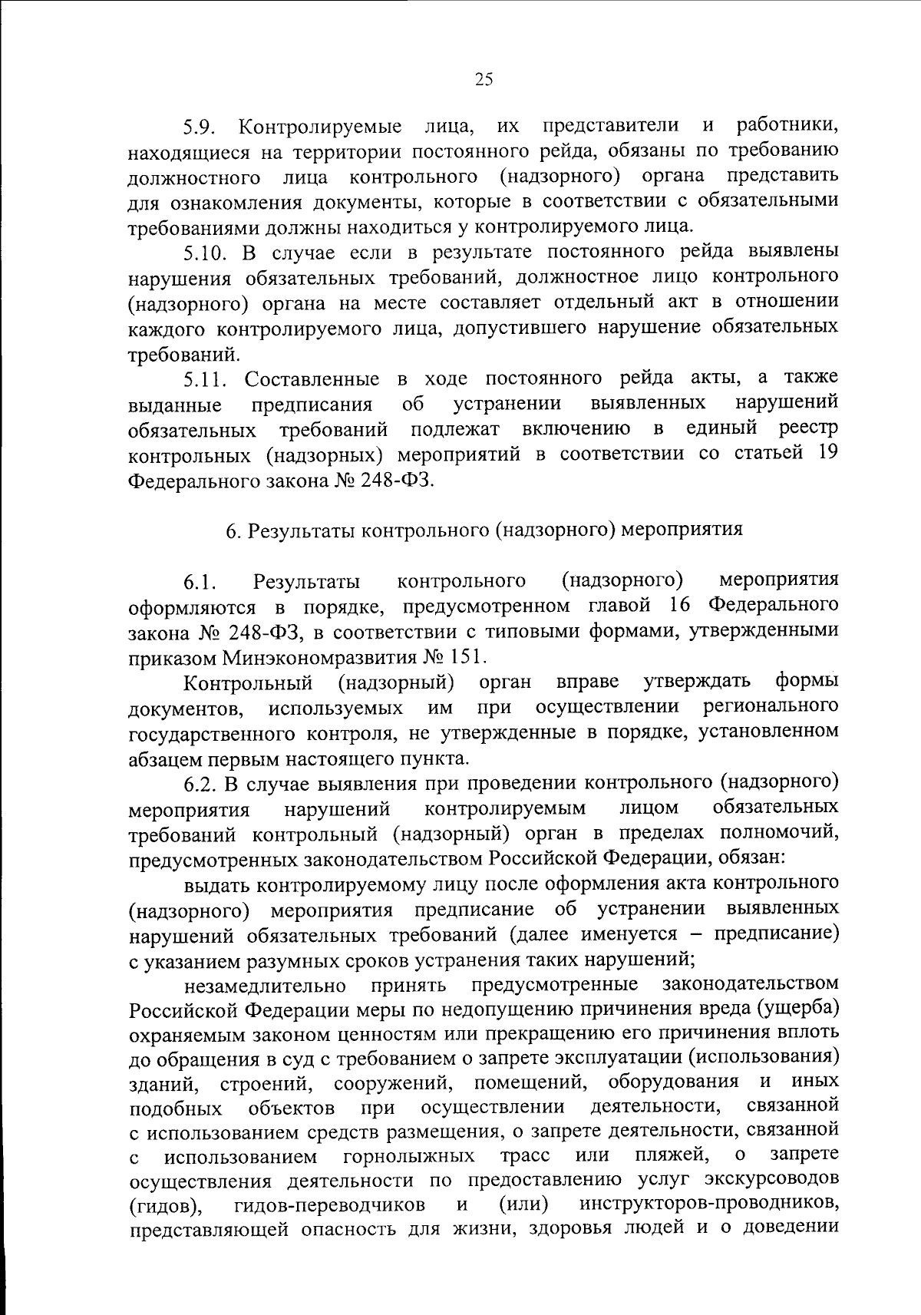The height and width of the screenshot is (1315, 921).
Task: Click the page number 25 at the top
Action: (x=484, y=79)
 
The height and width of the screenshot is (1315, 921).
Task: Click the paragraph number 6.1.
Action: (x=200, y=583)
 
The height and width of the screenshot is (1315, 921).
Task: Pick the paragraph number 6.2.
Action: (x=202, y=785)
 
